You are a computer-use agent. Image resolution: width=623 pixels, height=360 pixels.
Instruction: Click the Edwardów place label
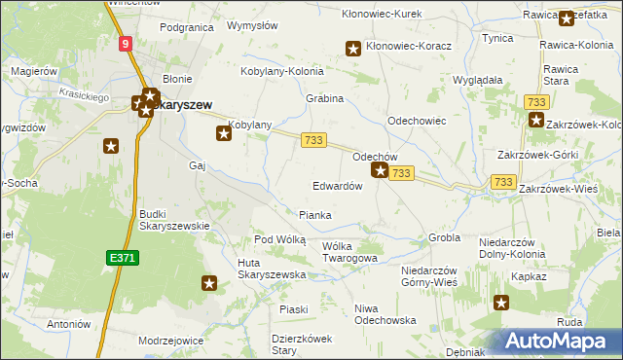coord(338,186)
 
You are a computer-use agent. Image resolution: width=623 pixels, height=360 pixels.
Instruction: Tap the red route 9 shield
coord(127,44)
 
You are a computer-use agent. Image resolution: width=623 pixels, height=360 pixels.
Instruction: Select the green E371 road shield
coord(122,257)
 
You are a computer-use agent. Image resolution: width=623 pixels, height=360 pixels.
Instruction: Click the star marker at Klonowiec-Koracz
coord(353,48)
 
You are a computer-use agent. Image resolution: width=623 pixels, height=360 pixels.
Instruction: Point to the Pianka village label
coord(314,215)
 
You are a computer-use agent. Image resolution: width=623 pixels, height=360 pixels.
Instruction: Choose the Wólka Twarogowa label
coord(348,252)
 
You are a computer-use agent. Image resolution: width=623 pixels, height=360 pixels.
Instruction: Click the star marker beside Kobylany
coord(224,133)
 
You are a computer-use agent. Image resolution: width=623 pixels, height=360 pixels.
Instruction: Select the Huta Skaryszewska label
coord(272,269)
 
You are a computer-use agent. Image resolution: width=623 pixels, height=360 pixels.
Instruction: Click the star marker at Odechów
coord(380,171)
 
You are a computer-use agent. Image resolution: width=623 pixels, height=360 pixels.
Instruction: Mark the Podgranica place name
coord(186,28)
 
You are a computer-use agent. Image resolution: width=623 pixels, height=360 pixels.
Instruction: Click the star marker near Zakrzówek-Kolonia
coord(536,120)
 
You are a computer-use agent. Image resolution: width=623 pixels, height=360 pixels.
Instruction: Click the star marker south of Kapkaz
coord(501,303)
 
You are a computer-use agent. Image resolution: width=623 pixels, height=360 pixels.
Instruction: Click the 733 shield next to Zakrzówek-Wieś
coord(503,182)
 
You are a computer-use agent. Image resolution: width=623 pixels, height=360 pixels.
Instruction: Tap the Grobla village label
coord(444,237)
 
